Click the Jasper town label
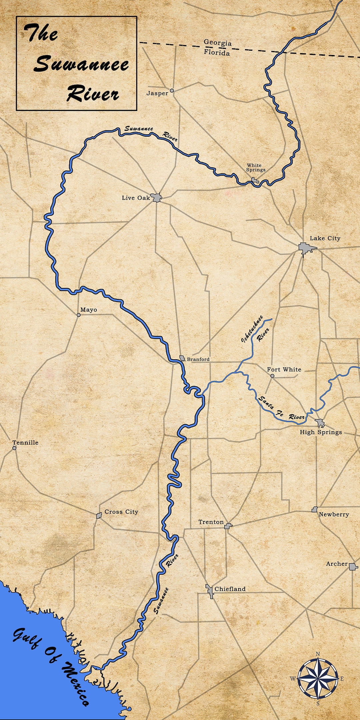[x=157, y=93]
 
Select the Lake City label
[x=325, y=238]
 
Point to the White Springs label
[x=256, y=167]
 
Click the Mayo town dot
[x=79, y=315]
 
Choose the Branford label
[x=198, y=359]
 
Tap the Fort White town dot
[x=272, y=376]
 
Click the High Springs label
[x=321, y=432]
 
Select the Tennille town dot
[x=14, y=448]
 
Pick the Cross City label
[x=121, y=512]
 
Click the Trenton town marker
[x=228, y=526]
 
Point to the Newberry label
[x=334, y=514]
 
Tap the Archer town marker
[x=353, y=566]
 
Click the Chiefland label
[x=230, y=589]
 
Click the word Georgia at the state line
[x=218, y=43]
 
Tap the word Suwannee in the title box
[x=81, y=64]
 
